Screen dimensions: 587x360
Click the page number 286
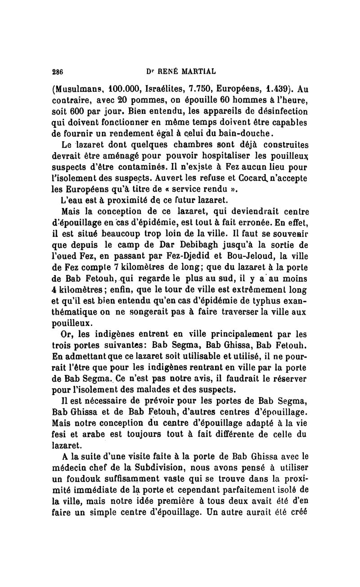57,71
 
